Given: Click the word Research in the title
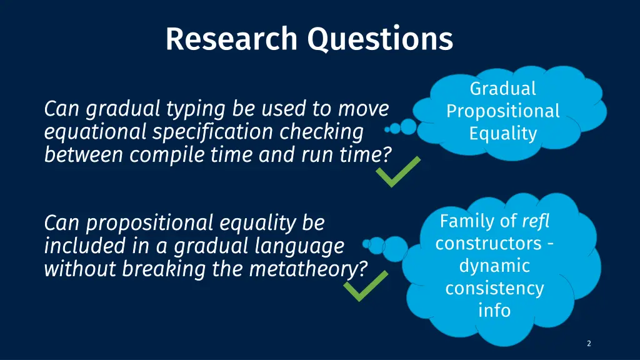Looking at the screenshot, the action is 231,39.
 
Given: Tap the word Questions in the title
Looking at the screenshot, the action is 380,39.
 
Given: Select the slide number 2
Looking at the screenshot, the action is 589,343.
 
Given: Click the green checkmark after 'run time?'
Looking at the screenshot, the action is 398,171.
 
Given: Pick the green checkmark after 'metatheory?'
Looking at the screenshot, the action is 366,286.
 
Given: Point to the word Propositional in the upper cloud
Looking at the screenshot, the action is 503,112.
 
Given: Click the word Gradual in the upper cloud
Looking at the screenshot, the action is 503,89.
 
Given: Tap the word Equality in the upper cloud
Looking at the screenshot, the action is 503,134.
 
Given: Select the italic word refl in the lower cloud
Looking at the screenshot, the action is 536,221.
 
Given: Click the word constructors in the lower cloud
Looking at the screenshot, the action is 489,244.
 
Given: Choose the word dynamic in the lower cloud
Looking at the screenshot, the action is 495,266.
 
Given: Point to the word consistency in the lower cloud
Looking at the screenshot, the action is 495,289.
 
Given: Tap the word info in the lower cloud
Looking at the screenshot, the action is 495,311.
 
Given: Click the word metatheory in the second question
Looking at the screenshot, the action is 304,269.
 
